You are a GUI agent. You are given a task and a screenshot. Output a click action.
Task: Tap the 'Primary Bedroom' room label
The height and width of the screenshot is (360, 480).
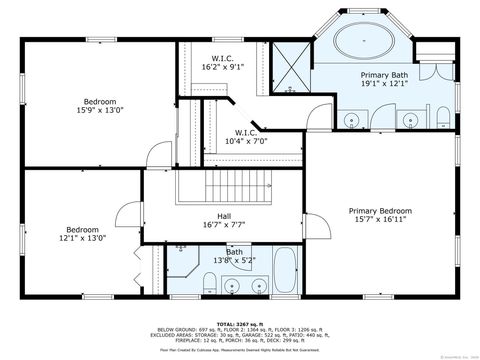pyautogui.click(x=380, y=211)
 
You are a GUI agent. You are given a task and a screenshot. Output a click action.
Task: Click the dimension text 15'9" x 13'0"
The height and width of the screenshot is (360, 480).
pyautogui.click(x=100, y=111)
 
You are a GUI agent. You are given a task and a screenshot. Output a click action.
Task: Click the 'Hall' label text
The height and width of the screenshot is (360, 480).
pyautogui.click(x=224, y=215)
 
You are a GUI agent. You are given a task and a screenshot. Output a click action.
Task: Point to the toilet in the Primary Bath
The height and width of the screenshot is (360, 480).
pyautogui.click(x=440, y=120)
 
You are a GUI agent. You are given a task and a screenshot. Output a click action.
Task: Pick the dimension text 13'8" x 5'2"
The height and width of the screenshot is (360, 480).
pyautogui.click(x=234, y=262)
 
